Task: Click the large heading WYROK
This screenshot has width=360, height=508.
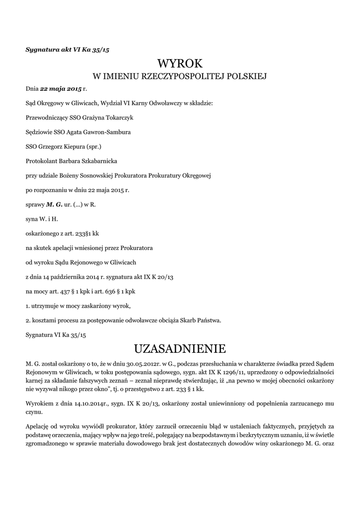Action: click(180, 63)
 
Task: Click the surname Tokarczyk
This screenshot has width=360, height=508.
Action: click(116, 118)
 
